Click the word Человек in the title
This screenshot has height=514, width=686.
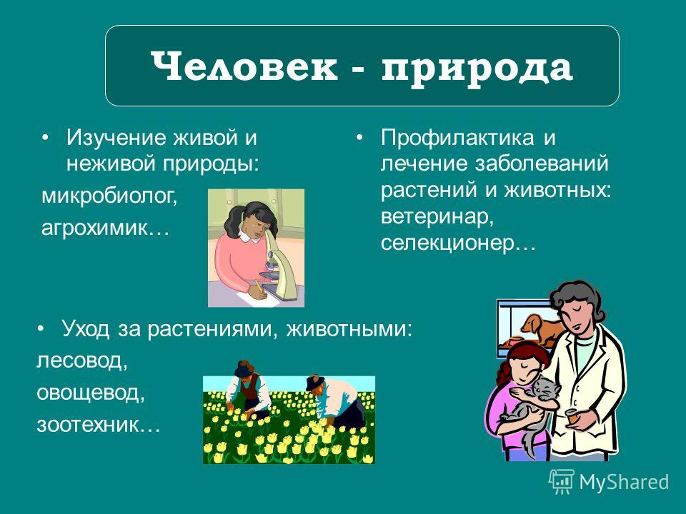(x=244, y=66)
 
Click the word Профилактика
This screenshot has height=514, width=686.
(x=457, y=138)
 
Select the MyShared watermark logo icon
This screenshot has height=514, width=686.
(x=562, y=482)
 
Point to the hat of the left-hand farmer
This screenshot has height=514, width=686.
(x=244, y=368)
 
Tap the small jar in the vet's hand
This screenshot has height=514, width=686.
(x=574, y=415)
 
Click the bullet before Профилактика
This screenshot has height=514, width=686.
(x=359, y=138)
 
